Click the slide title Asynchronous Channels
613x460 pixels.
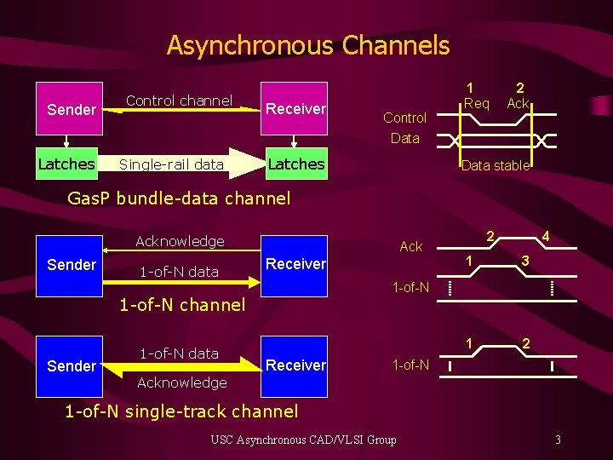(x=307, y=45)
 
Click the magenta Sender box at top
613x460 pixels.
(x=72, y=109)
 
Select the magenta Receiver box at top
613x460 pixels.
(x=295, y=109)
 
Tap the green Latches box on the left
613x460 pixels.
(x=66, y=164)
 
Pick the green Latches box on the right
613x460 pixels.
(x=295, y=164)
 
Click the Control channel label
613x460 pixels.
(x=179, y=101)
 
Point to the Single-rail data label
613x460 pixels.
(x=171, y=164)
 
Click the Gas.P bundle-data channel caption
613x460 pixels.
(x=178, y=198)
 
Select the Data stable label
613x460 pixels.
(x=495, y=166)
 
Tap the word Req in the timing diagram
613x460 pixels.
(x=476, y=103)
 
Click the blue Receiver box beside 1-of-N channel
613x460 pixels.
(x=295, y=264)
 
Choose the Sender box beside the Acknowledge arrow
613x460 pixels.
(x=72, y=265)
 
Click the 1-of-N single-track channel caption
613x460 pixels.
(x=181, y=411)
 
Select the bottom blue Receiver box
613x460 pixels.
(x=295, y=365)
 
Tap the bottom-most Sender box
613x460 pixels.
(x=72, y=366)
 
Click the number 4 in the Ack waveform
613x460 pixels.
(x=544, y=235)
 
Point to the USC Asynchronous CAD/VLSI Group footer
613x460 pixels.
(x=303, y=440)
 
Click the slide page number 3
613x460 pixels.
(x=557, y=440)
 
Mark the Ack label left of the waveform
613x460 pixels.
(x=411, y=246)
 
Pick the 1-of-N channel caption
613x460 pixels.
(x=182, y=304)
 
